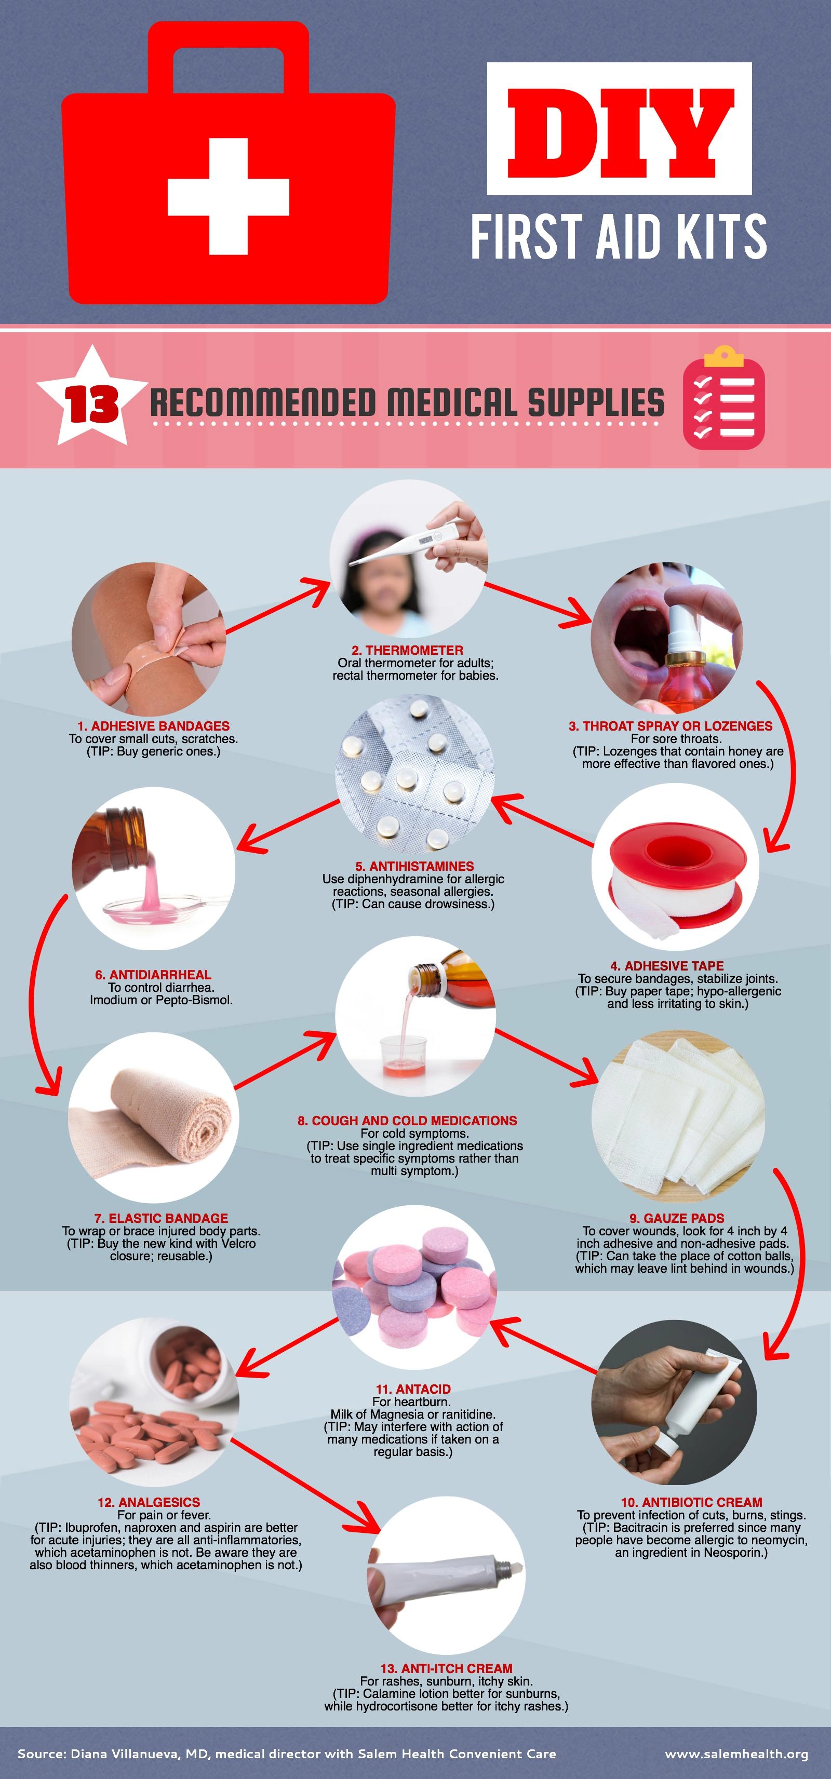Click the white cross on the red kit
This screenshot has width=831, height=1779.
coord(229,197)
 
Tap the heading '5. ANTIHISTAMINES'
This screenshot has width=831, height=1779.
coord(414,866)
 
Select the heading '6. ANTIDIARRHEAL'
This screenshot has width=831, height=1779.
coord(153,975)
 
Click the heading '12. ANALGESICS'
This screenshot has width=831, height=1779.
coord(149,1502)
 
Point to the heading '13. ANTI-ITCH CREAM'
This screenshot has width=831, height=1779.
coord(446,1668)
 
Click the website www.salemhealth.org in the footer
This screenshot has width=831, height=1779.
coord(736,1754)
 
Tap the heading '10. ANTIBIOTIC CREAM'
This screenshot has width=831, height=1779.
coord(691,1502)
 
